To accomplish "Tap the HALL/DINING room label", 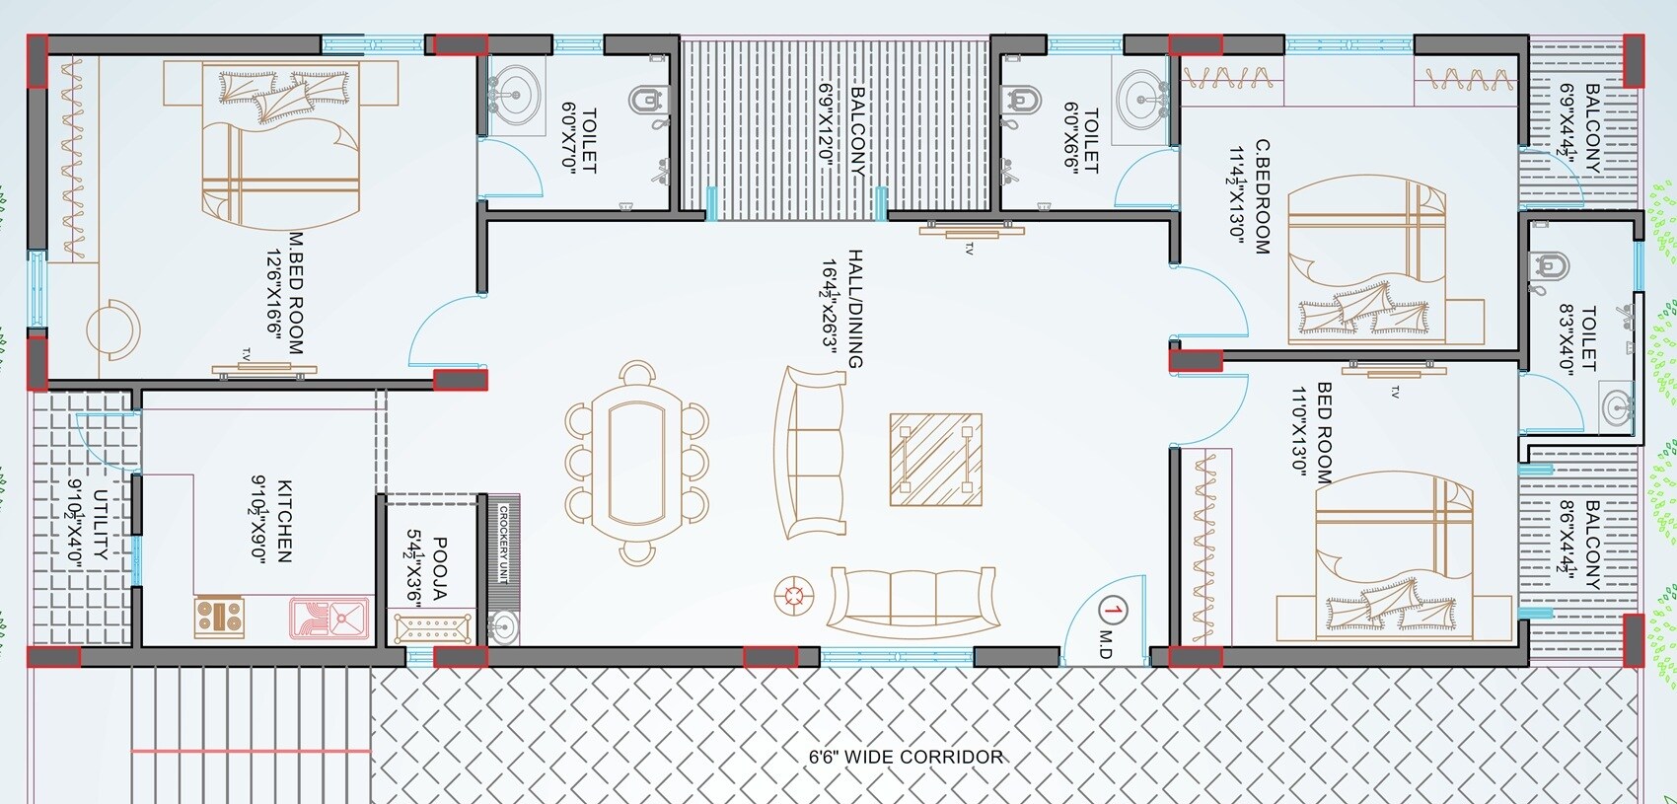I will (854, 308).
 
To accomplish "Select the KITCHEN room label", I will (284, 521).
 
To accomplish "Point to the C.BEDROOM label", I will (1261, 197).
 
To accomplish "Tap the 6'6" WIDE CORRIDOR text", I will (906, 757).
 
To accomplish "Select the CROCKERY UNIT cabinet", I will (503, 545).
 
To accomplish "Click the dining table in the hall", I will (637, 464).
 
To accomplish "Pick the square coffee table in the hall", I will (935, 460).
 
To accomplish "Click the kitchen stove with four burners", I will (219, 617).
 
